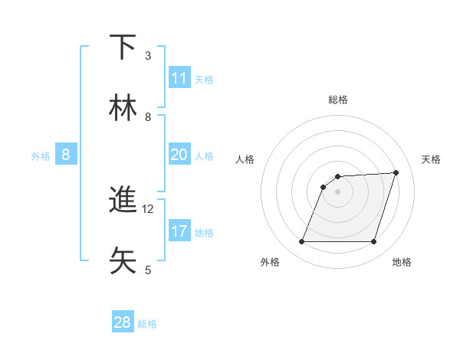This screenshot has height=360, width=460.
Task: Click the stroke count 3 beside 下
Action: (x=148, y=56)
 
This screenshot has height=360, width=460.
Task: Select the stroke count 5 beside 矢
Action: (x=148, y=270)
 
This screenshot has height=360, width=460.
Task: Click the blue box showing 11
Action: (x=179, y=78)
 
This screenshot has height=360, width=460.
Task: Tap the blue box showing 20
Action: (x=179, y=155)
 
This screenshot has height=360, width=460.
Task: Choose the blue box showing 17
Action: (x=179, y=231)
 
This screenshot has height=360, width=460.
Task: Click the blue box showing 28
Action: (x=123, y=322)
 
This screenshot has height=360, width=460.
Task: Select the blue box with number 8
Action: (x=66, y=155)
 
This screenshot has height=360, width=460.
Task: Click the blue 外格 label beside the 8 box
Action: (x=41, y=156)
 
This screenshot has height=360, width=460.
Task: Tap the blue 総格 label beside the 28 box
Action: (x=147, y=324)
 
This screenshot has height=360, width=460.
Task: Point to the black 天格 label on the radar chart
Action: (x=431, y=159)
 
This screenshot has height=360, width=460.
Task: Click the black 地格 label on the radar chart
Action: (x=402, y=262)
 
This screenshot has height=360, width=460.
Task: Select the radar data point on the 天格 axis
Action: (x=396, y=172)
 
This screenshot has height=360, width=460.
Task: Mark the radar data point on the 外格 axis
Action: (x=301, y=242)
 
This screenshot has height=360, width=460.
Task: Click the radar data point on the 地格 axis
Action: (x=373, y=242)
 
